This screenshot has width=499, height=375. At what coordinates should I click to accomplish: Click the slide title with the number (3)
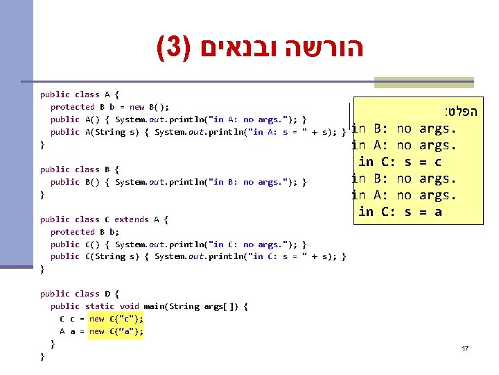point(260,48)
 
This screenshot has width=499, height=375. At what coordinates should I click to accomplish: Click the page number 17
point(465,347)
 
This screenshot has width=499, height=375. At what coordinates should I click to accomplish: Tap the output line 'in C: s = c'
point(400,162)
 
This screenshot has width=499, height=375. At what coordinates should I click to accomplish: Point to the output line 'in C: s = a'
point(400,212)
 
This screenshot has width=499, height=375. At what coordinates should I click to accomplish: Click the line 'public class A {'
point(80,94)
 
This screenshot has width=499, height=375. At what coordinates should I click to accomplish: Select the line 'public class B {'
point(80,169)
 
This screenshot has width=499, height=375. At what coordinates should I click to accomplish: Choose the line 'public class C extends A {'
point(104,219)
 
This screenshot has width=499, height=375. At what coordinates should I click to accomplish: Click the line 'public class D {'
point(80,294)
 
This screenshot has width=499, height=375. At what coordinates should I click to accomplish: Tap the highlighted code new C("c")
point(116,319)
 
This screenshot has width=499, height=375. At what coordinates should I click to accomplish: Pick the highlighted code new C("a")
point(116,331)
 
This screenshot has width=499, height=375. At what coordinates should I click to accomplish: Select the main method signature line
point(149,306)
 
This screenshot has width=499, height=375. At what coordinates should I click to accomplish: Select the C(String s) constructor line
point(198,257)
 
